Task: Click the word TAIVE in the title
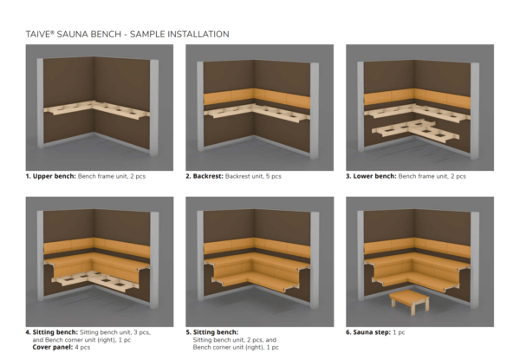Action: [x=38, y=34]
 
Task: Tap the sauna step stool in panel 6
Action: [x=410, y=302]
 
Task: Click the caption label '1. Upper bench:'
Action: [x=51, y=176]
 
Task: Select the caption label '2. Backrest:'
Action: [x=205, y=176]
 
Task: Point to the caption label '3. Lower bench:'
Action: [x=371, y=176]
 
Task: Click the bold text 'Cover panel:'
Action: [x=53, y=347]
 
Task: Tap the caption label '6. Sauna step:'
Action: [x=368, y=332]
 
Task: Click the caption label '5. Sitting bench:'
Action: [x=212, y=332]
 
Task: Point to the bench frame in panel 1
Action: [x=96, y=108]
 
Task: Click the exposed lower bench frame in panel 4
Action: [x=95, y=281]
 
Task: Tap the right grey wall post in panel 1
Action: [x=154, y=108]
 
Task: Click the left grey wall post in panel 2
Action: [x=200, y=106]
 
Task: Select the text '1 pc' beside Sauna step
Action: [x=399, y=332]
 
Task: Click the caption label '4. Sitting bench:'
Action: [x=52, y=332]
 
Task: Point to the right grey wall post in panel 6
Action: [x=475, y=260]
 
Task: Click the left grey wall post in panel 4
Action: [x=40, y=256]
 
